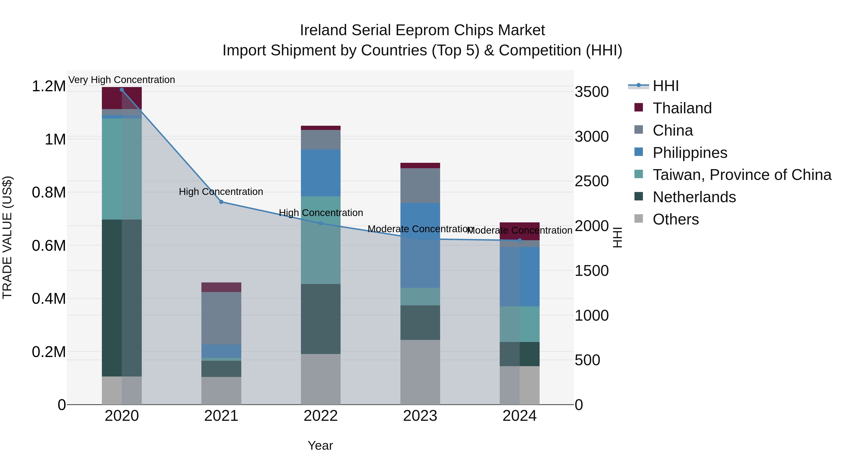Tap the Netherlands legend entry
point(694,197)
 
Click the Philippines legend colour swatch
point(639,152)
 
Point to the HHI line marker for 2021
point(221,202)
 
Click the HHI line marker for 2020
point(122,90)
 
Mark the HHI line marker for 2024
point(520,240)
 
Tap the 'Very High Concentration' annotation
point(122,80)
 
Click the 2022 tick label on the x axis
point(320,416)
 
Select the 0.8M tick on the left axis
point(49,192)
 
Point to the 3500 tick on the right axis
point(591,92)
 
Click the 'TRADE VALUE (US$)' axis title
point(7,237)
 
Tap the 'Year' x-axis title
point(320,445)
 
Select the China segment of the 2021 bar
point(221,318)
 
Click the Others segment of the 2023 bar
point(420,372)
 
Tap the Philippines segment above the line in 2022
point(320,173)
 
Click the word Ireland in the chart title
point(323,30)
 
